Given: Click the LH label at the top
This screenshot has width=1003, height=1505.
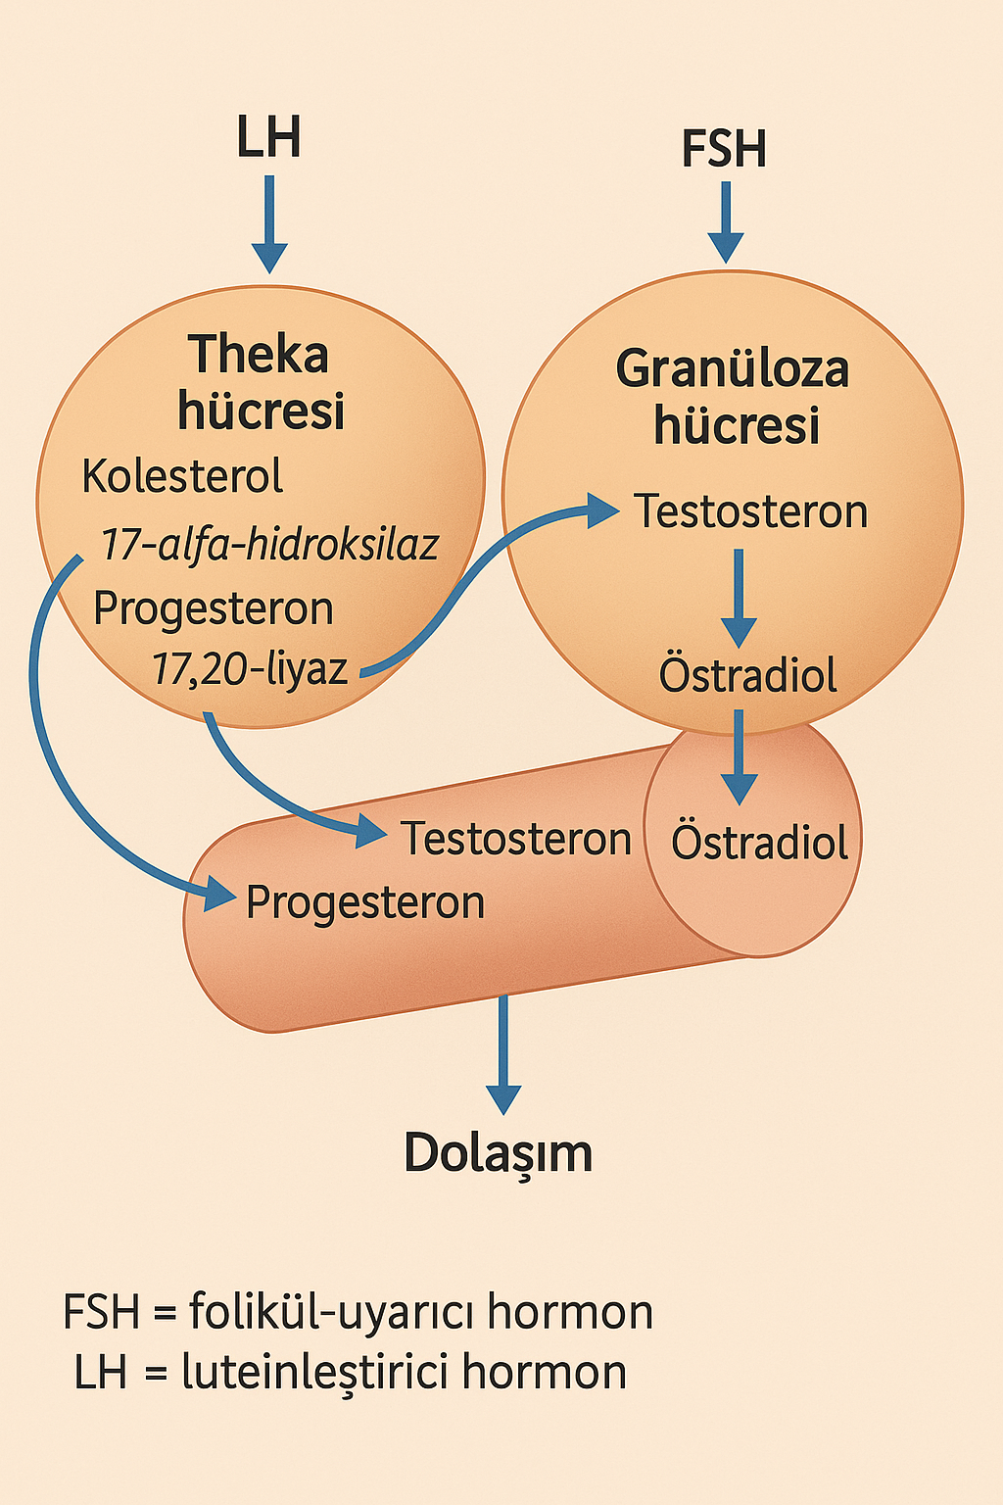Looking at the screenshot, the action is click(x=268, y=137).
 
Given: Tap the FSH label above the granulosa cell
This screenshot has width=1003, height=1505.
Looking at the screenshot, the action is click(x=724, y=149).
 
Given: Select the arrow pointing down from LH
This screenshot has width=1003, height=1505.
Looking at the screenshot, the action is click(x=269, y=224).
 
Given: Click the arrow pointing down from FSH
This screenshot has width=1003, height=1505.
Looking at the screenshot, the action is click(x=726, y=222).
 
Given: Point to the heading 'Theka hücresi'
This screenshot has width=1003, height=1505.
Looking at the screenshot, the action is click(x=261, y=382).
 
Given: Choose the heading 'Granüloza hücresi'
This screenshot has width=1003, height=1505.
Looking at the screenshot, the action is click(x=733, y=397).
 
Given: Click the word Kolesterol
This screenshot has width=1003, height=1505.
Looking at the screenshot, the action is click(x=182, y=476).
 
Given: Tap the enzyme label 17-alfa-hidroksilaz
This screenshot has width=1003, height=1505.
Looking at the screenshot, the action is click(x=269, y=544).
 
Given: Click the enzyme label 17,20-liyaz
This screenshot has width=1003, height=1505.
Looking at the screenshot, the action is click(x=250, y=668).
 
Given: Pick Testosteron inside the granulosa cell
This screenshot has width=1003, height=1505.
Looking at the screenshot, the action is click(x=751, y=511).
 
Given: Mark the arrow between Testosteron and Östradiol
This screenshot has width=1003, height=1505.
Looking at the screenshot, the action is click(x=739, y=598).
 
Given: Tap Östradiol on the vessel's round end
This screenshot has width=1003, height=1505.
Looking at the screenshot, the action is click(x=759, y=842).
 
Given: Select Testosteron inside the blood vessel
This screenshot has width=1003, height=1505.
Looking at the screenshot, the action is click(x=516, y=839).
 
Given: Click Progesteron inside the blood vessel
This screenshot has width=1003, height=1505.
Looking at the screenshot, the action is click(x=364, y=903).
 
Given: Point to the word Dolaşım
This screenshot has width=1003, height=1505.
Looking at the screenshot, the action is click(x=499, y=1153).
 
